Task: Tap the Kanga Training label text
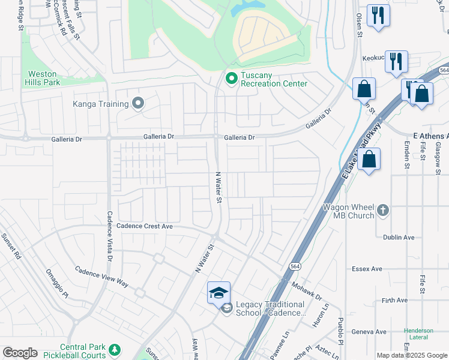[x=100, y=104]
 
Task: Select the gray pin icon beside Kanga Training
[x=138, y=104]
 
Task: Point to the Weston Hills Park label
[x=44, y=78]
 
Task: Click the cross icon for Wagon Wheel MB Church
[x=384, y=211]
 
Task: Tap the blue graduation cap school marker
[x=218, y=293]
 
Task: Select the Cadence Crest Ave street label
[x=144, y=226]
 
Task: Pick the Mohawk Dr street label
[x=307, y=292]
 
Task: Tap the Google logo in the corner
[x=20, y=352]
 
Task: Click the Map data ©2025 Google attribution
[x=411, y=355]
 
